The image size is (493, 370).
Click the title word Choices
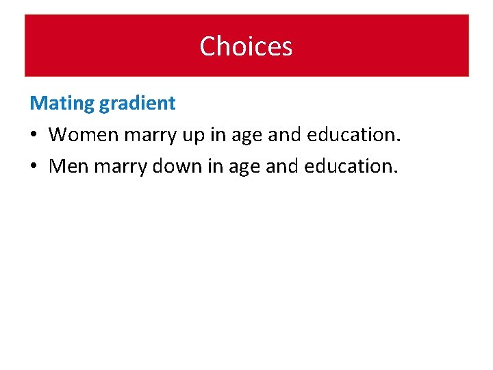coord(246,47)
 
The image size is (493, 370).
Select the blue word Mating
coord(62,104)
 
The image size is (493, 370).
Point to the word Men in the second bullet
coord(67,166)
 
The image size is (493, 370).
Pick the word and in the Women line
coord(282,134)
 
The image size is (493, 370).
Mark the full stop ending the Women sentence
coord(398,141)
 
